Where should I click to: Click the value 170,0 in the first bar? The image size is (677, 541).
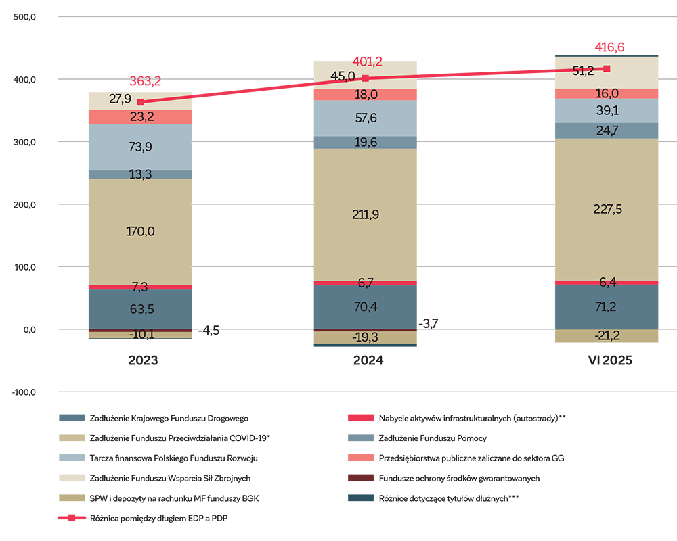click(x=141, y=231)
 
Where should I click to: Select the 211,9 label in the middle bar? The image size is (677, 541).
click(x=366, y=215)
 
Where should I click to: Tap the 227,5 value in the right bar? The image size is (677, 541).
click(x=607, y=210)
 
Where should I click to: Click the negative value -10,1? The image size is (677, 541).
click(x=141, y=333)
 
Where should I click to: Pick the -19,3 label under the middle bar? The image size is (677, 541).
click(x=366, y=337)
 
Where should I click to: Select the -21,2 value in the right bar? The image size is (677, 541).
click(x=607, y=336)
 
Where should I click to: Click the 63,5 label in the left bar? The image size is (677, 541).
click(x=141, y=310)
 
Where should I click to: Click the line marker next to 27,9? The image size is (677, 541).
click(x=140, y=102)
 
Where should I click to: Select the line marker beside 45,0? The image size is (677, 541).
click(x=366, y=78)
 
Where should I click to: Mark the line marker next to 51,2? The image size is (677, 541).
click(x=607, y=69)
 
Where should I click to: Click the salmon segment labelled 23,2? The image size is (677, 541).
click(x=141, y=117)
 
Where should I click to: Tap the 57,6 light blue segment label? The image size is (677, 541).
click(x=366, y=118)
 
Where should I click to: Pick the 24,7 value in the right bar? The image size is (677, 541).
click(x=607, y=131)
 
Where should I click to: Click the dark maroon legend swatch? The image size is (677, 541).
click(x=338, y=477)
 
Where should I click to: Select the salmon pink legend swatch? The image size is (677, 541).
click(x=338, y=458)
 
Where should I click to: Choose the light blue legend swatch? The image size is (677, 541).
click(x=50, y=458)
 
